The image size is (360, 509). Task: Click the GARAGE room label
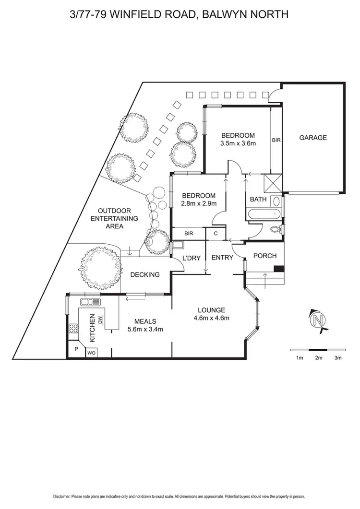coord(313,138)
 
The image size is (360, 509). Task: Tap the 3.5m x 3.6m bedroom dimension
coord(238,143)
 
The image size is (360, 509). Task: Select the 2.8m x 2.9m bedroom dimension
coord(198,203)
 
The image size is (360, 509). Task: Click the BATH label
coord(258,199)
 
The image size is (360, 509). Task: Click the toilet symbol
coord(276,229)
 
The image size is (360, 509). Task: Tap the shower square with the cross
coord(272,183)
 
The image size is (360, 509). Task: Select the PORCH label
coord(264,256)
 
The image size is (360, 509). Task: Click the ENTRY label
coord(222,258)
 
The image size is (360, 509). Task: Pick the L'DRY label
coord(192,258)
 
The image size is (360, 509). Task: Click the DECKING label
coord(145,275)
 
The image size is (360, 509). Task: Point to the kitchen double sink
coord(91,302)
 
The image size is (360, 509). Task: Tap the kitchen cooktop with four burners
coord(74,329)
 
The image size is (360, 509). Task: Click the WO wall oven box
coord(91,353)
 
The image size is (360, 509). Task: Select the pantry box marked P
coord(75,350)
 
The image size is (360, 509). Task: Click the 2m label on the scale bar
coord(319,358)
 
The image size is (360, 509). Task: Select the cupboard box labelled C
coord(216,233)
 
